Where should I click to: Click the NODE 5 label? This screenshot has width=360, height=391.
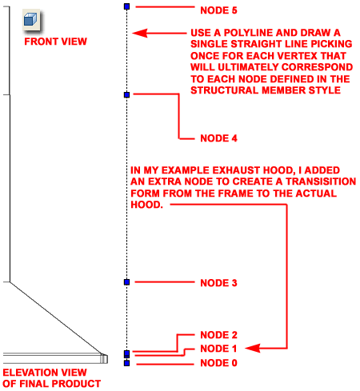218,10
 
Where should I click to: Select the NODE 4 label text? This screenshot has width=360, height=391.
218,138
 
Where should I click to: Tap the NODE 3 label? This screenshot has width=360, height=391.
218,283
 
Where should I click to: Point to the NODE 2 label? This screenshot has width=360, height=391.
218,335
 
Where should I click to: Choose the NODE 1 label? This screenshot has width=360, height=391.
218,349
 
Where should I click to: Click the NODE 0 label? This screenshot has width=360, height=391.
218,363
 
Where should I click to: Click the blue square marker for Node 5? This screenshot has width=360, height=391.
127,6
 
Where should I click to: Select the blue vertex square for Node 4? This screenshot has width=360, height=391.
127,94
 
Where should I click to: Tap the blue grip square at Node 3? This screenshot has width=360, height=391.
127,282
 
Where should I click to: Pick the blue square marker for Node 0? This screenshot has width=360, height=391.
127,363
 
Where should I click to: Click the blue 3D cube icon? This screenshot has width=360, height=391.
30,20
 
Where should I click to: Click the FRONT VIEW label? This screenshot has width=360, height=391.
56,42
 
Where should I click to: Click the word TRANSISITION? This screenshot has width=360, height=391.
321,182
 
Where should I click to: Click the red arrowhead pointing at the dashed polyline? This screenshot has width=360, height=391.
139,33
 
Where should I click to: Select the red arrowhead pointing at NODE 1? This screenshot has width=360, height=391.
252,348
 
